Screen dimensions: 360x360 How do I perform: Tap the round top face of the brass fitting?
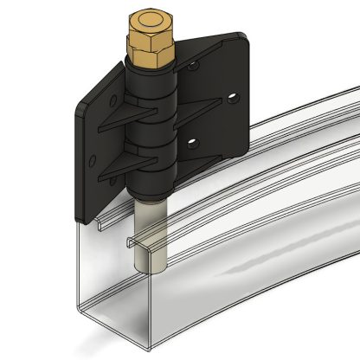[x=150, y=17]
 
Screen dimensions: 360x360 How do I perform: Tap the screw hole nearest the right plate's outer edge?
[x=231, y=93]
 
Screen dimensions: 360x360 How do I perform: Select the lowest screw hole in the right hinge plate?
[x=192, y=142]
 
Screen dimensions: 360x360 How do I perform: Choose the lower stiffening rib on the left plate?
[x=112, y=176]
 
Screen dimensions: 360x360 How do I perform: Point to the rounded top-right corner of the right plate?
[x=241, y=38]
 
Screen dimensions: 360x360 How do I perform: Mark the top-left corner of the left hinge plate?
[x=80, y=102]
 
